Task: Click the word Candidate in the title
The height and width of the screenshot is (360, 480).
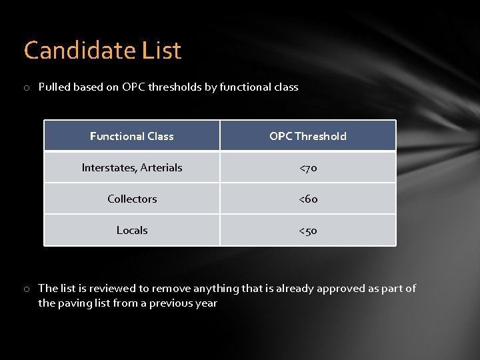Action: click(80, 51)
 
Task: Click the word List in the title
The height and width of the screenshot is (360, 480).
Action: click(161, 51)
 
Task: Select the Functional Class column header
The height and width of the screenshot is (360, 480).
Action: click(132, 136)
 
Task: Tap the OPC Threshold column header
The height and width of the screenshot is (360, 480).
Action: click(308, 136)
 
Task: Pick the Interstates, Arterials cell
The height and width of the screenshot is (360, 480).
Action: click(132, 167)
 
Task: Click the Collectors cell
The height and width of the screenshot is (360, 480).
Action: click(132, 199)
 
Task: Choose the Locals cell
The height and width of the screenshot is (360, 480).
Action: click(132, 230)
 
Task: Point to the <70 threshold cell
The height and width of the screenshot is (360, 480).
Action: click(308, 168)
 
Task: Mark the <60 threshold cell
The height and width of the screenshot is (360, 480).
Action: click(308, 199)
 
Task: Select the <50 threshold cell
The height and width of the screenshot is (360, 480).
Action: click(308, 231)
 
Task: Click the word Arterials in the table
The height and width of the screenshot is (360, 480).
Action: click(160, 167)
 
